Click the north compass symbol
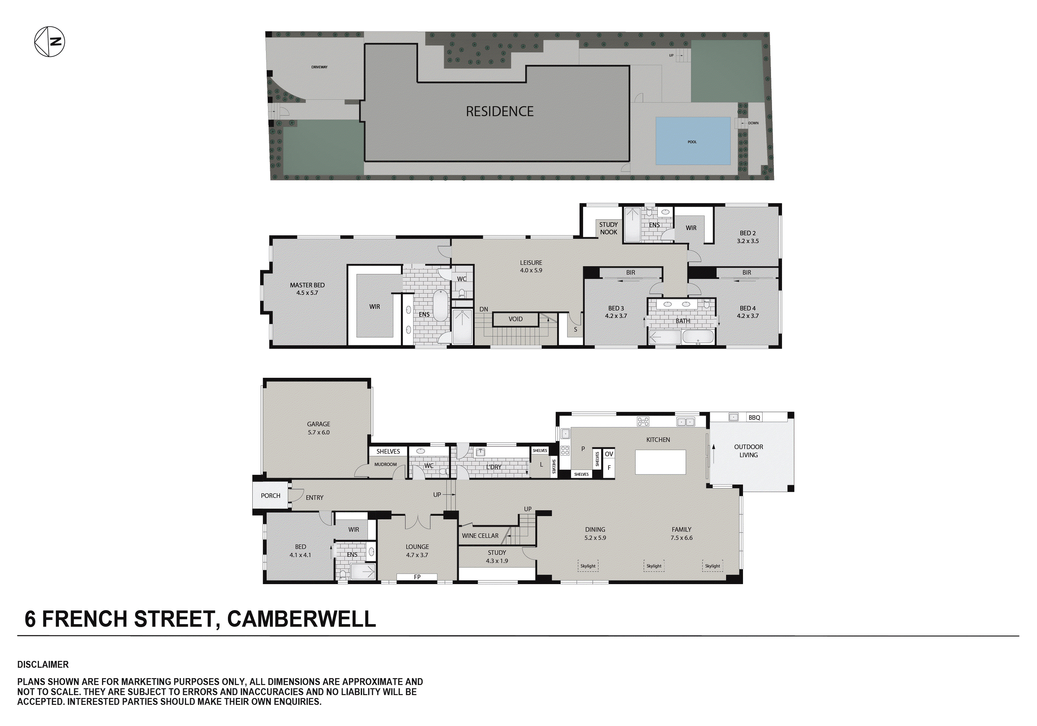tap(50, 42)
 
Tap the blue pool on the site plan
tap(693, 141)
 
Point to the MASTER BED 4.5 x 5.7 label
tap(307, 289)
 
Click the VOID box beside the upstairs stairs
tap(515, 319)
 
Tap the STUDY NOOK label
tap(609, 228)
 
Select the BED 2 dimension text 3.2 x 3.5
tap(748, 241)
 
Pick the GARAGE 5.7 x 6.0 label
tap(318, 428)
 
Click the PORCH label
tap(271, 496)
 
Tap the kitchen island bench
tap(660, 462)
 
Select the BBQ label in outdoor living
tap(754, 418)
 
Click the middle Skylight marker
tap(653, 566)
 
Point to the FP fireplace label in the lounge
tap(417, 577)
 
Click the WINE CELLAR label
tap(480, 536)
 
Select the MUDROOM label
tap(385, 464)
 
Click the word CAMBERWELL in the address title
tap(301, 619)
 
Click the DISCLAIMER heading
tap(43, 664)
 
